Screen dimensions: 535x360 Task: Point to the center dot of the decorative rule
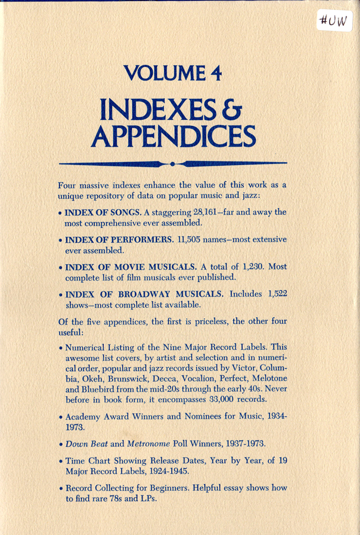[173, 164]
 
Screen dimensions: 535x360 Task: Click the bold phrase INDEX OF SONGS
[96, 212]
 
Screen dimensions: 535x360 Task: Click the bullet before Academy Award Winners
[61, 418]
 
